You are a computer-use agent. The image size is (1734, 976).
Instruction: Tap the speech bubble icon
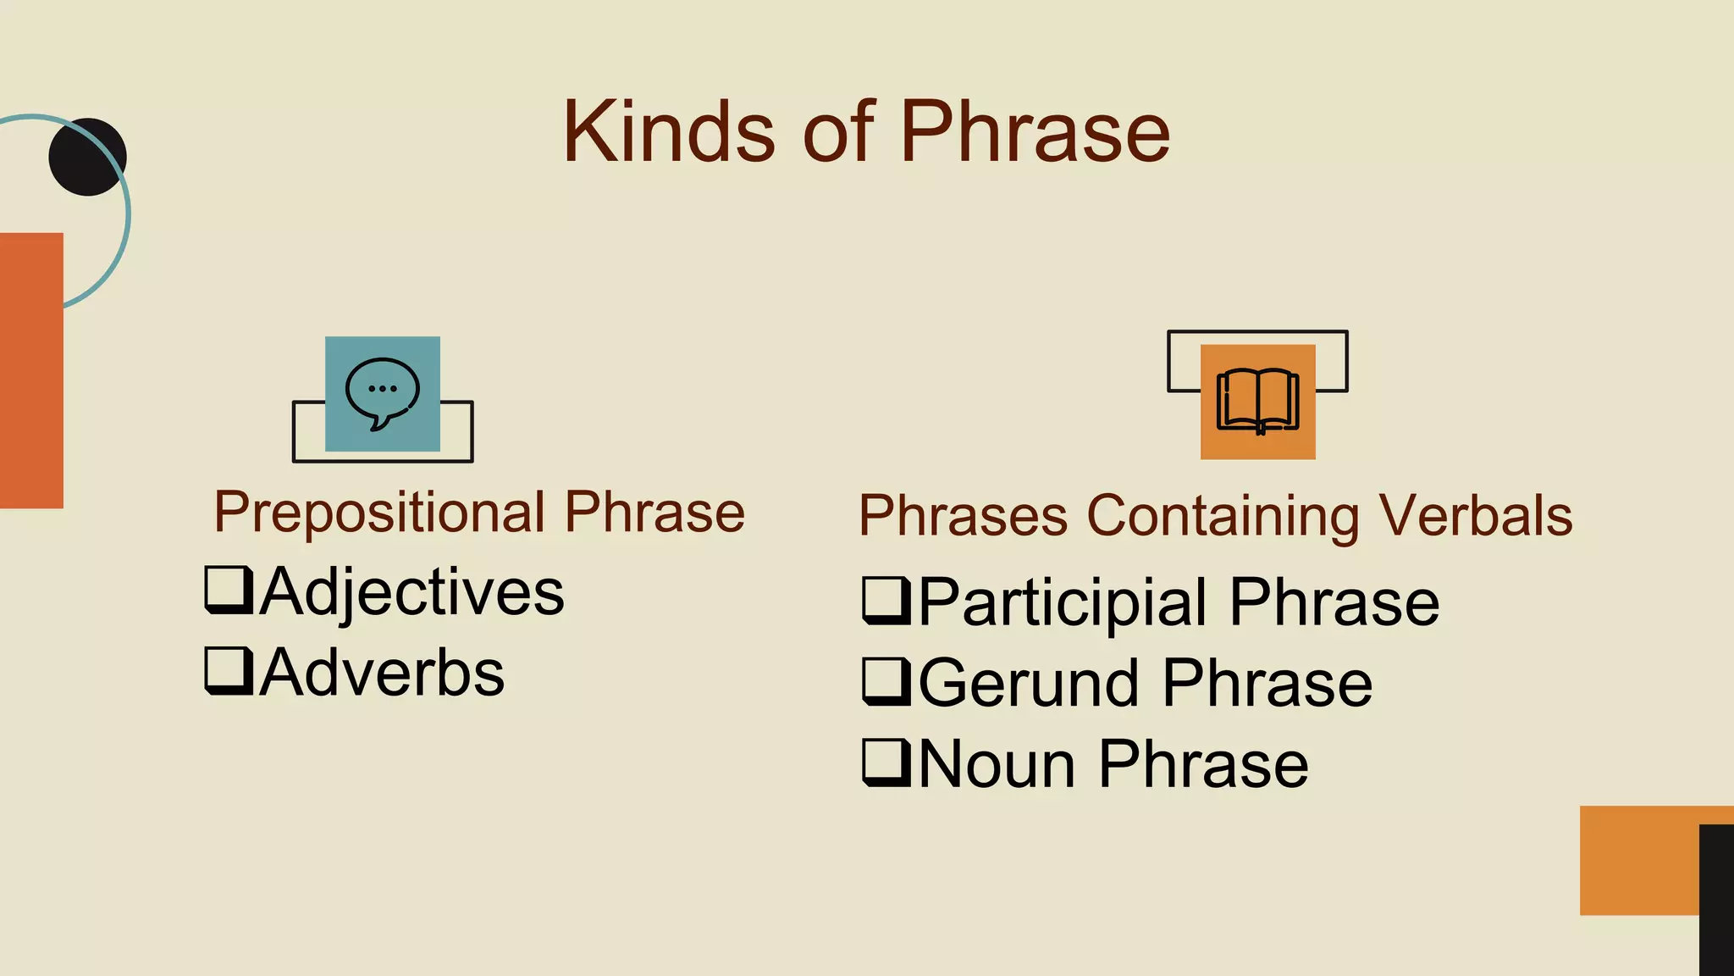pos(382,393)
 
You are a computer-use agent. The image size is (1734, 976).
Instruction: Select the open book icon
pos(1257,402)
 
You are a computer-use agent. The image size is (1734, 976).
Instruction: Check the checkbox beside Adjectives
pos(229,590)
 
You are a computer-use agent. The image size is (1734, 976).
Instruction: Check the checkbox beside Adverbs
pos(229,671)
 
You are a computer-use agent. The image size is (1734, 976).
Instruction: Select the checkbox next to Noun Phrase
pos(886,762)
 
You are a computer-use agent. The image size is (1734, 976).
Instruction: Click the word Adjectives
pos(411,591)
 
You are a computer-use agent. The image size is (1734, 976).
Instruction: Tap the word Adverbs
pos(382,673)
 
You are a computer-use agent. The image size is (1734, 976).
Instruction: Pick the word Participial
pos(1063,602)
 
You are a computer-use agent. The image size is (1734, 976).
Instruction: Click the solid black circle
pos(87,157)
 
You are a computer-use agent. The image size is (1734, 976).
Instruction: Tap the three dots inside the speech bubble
pos(383,389)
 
